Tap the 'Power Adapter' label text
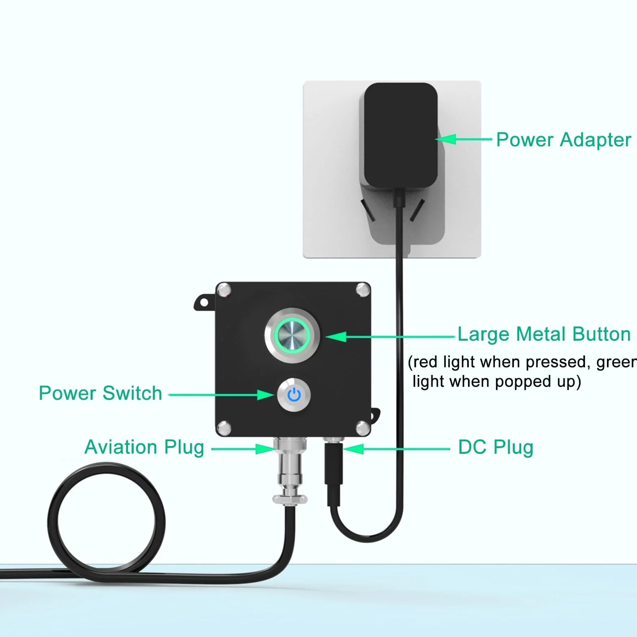click(x=563, y=140)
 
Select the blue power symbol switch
click(x=294, y=394)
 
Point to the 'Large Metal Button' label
click(x=544, y=334)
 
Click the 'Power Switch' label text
click(x=100, y=393)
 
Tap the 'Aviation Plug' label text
click(x=144, y=447)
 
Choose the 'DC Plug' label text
click(x=496, y=447)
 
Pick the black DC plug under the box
click(x=334, y=473)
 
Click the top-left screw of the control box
click(x=224, y=290)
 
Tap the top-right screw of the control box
click(x=362, y=290)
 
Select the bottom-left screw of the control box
click(x=224, y=428)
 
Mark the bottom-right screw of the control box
click(x=362, y=428)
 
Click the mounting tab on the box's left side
click(x=204, y=302)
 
